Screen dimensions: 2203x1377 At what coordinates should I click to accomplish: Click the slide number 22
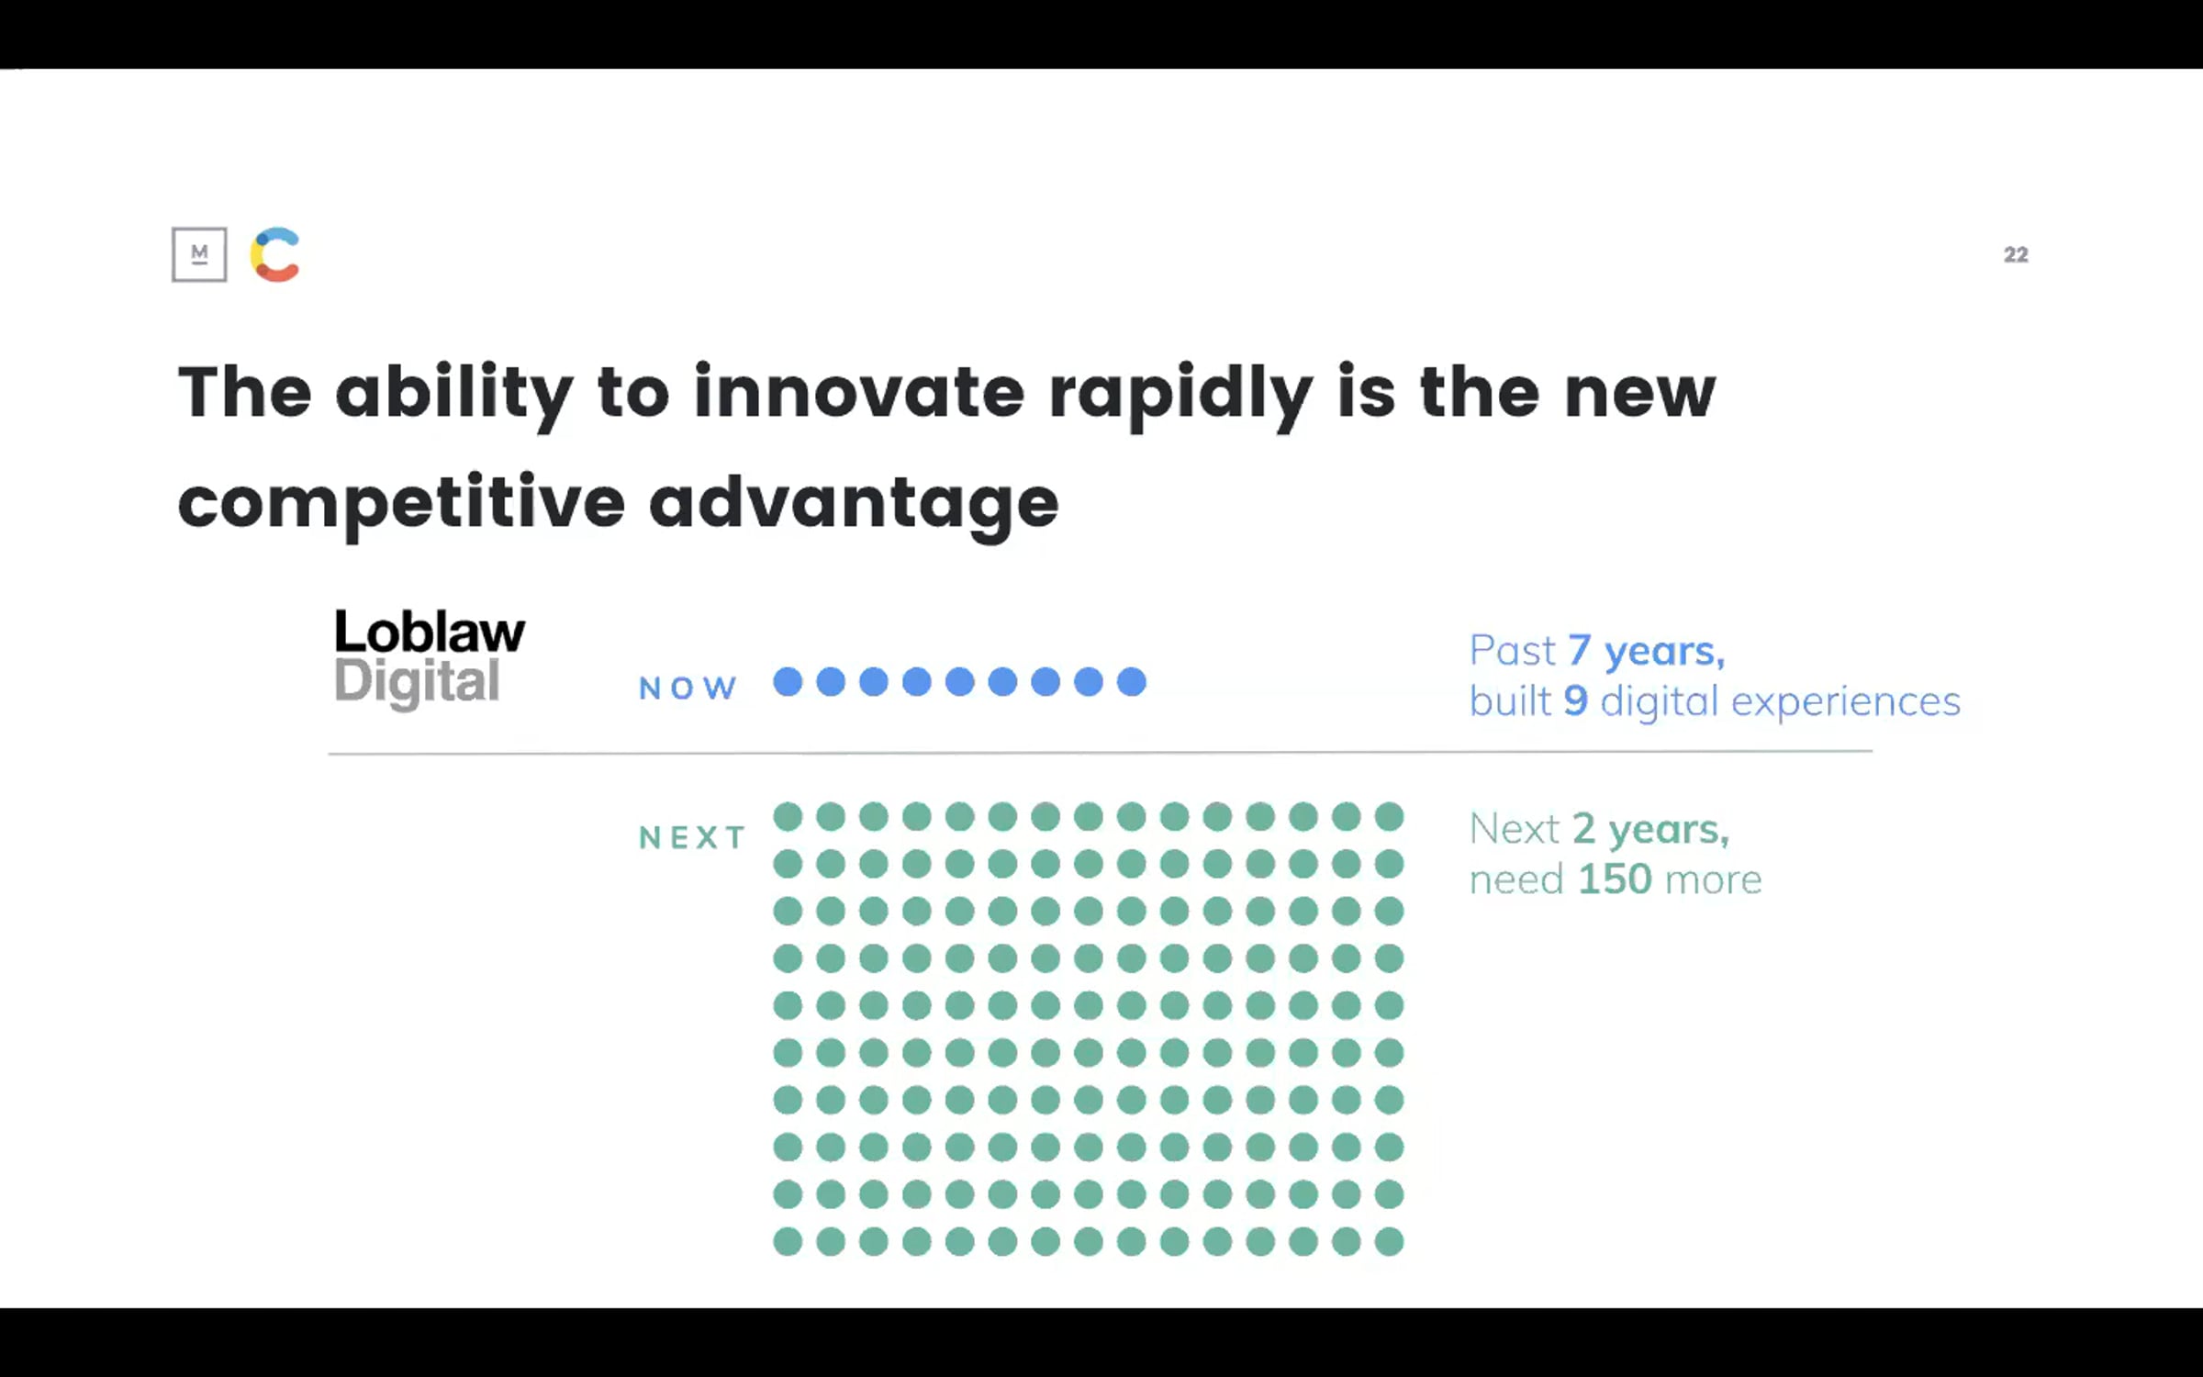tap(2016, 254)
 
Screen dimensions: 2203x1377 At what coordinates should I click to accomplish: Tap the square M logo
tap(199, 254)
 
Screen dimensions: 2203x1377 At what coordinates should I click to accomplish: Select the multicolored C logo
tap(275, 254)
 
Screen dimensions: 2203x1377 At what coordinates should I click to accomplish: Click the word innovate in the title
tap(858, 392)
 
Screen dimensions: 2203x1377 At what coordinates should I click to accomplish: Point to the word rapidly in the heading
tap(1180, 396)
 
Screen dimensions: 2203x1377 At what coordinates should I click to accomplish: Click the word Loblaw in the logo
tap(430, 632)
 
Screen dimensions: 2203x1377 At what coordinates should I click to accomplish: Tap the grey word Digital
tap(417, 683)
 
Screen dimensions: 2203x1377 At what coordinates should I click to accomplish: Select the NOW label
tap(688, 688)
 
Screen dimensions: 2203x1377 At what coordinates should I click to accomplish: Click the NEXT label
tap(692, 837)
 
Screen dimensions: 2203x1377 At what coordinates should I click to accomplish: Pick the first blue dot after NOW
tap(788, 682)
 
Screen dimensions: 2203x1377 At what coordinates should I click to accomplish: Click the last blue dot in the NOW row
tap(1132, 682)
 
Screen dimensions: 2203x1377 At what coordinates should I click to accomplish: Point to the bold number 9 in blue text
tap(1575, 701)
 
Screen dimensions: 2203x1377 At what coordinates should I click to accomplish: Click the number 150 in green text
tap(1615, 879)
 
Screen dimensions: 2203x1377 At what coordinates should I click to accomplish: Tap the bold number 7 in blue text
tap(1579, 651)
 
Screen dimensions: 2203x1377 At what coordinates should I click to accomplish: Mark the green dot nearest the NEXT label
tap(788, 816)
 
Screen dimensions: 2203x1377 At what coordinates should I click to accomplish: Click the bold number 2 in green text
tap(1583, 829)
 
